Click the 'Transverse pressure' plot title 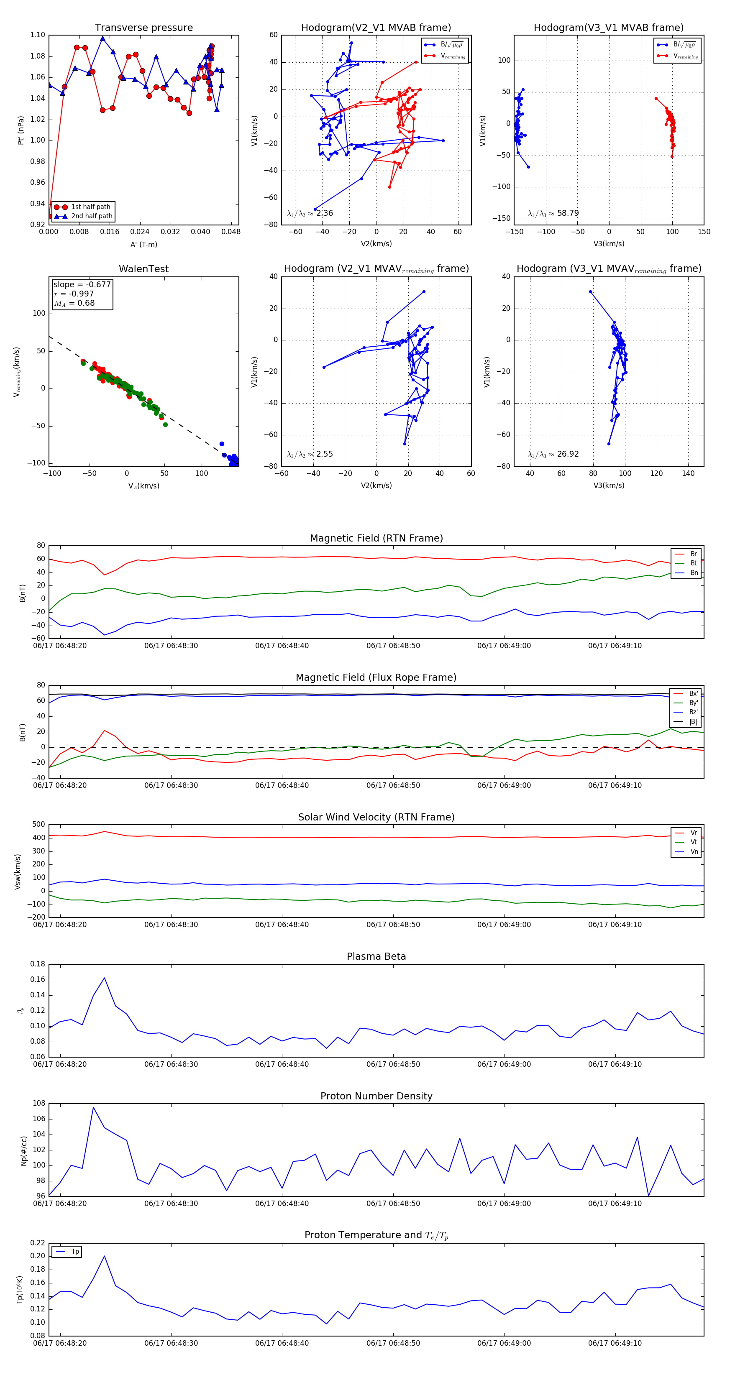point(143,28)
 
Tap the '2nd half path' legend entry point(92,217)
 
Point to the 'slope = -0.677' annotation point(82,284)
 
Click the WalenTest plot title point(143,269)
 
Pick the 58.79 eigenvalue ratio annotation point(553,213)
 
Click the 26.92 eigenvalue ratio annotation point(553,454)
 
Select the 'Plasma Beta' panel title point(376,956)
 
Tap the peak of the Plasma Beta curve point(105,978)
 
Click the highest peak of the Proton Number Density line point(93,1107)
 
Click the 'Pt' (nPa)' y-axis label point(21,130)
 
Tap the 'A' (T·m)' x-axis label point(143,244)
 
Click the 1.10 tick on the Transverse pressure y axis point(38,35)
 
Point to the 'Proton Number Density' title point(376,1096)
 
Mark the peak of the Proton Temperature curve point(104,1256)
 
